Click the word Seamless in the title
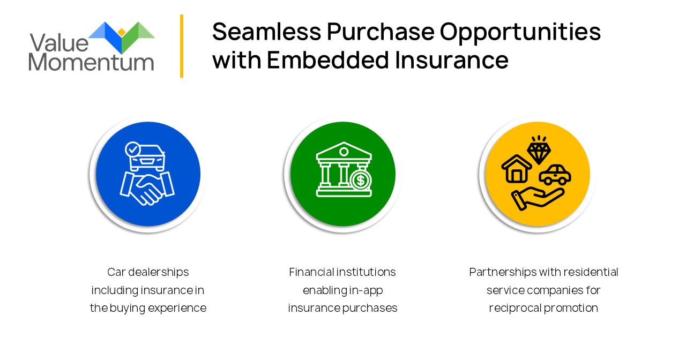(x=267, y=32)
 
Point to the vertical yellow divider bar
(x=182, y=46)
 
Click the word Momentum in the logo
(x=91, y=62)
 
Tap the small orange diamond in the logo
(x=122, y=32)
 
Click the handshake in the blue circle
(x=147, y=188)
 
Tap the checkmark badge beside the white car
(x=132, y=149)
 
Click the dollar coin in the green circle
(x=361, y=180)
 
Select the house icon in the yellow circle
(x=516, y=169)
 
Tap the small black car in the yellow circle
(x=555, y=175)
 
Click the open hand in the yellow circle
(x=538, y=199)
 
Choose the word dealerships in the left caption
(x=158, y=272)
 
